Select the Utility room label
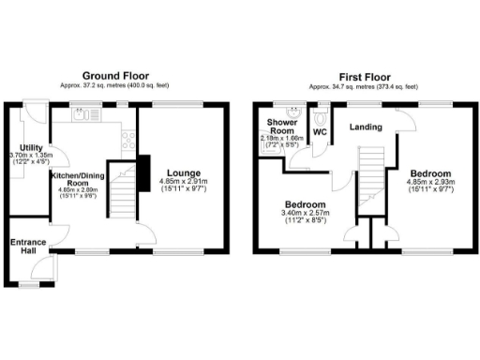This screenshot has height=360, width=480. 31,148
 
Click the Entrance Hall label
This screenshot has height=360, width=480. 27,248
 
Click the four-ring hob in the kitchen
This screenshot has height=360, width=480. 125,141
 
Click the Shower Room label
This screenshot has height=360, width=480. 281,127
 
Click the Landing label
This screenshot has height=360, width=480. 365,127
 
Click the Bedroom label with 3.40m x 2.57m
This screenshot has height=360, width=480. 307,204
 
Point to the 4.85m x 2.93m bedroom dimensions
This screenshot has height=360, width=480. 429,186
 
